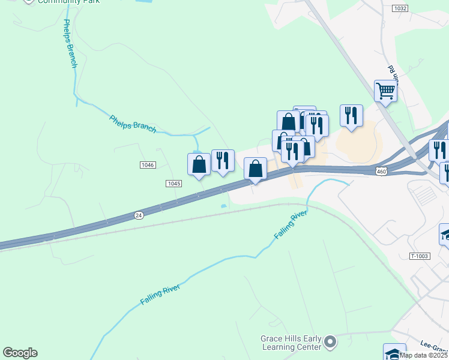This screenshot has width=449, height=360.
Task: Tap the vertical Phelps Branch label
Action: (69, 43)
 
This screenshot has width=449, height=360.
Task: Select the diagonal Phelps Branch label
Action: (133, 124)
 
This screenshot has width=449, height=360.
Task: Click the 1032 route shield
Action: (401, 8)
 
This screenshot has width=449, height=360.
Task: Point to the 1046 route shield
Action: (148, 165)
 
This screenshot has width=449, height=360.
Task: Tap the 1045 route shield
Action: (173, 184)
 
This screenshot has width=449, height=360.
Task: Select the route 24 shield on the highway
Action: (139, 214)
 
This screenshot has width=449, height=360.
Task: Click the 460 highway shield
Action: (382, 172)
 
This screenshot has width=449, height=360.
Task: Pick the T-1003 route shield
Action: (420, 256)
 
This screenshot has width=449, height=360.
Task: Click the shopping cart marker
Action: (385, 91)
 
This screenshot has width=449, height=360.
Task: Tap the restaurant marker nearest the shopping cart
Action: (351, 115)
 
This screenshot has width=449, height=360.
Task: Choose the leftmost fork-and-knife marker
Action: (223, 161)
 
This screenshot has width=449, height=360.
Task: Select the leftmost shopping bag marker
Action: (199, 165)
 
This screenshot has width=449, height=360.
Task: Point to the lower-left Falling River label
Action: (160, 295)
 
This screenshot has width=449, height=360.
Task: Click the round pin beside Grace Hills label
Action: (329, 342)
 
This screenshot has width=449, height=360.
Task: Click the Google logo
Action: (20, 353)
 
